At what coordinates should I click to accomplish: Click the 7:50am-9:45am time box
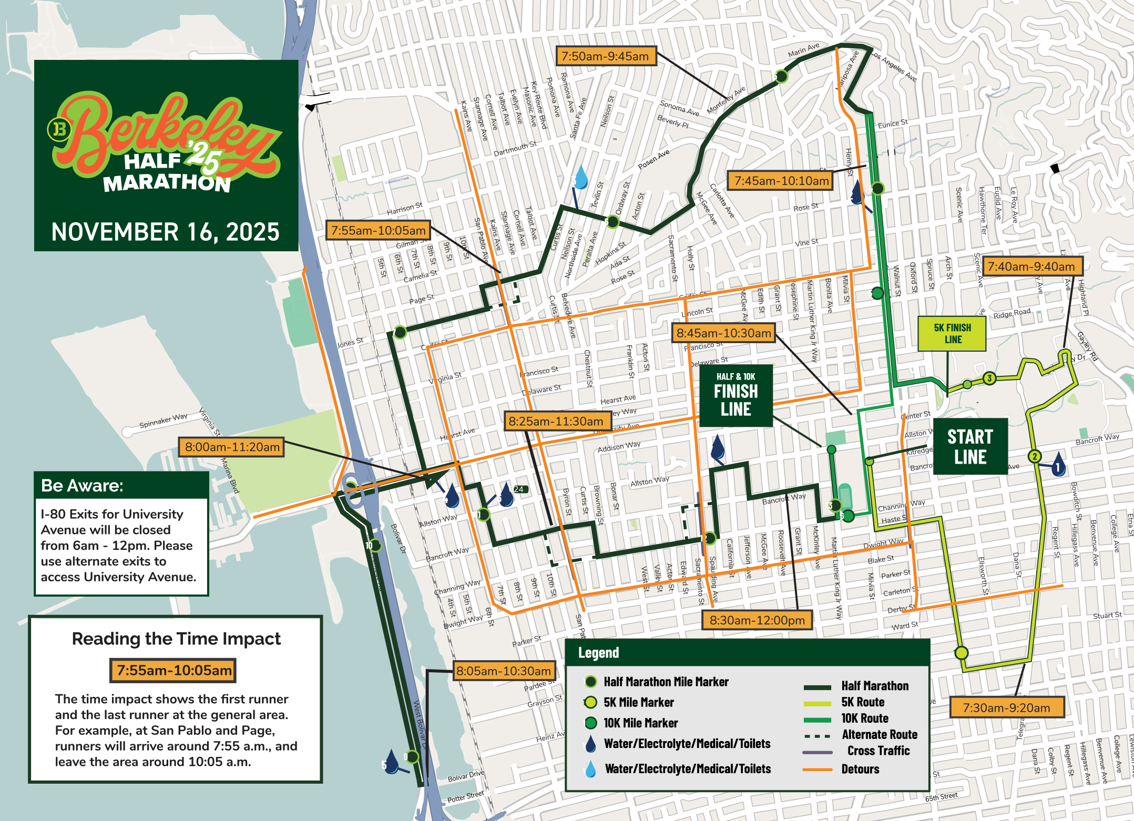click(x=606, y=56)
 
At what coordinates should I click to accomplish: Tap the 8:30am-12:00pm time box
click(x=757, y=620)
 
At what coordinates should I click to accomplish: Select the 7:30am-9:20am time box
click(x=1006, y=708)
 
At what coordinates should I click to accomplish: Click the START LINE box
click(x=970, y=447)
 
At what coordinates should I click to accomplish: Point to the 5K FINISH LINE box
click(x=952, y=333)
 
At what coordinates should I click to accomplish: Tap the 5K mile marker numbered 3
click(x=989, y=378)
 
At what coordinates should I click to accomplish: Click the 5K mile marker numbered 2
click(x=1034, y=456)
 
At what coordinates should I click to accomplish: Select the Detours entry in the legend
click(x=860, y=769)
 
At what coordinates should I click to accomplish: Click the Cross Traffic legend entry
click(x=878, y=751)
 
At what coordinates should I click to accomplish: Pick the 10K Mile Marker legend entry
click(x=640, y=723)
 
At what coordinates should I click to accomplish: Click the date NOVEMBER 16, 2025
click(x=165, y=232)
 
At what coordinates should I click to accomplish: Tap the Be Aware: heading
click(x=82, y=485)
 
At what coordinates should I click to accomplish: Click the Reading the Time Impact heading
click(x=176, y=639)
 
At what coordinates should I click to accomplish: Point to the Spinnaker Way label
click(x=163, y=421)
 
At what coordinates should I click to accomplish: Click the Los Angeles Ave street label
click(x=894, y=67)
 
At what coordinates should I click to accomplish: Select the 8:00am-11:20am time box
click(x=232, y=447)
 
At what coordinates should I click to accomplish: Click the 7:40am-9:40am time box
click(x=1031, y=266)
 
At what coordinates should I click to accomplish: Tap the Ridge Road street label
click(x=1012, y=314)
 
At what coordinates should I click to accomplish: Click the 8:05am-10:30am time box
click(x=503, y=671)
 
